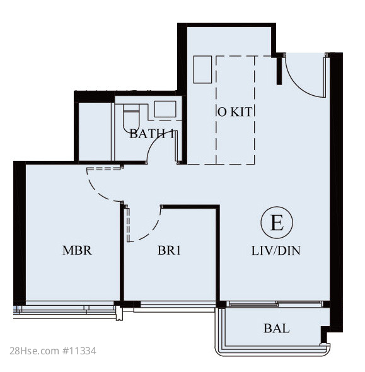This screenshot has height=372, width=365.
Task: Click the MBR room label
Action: pyautogui.click(x=77, y=250)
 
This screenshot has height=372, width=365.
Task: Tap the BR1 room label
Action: pyautogui.click(x=169, y=250)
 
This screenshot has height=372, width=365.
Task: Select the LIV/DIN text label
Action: pyautogui.click(x=276, y=251)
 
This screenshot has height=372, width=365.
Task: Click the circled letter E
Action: pyautogui.click(x=277, y=223)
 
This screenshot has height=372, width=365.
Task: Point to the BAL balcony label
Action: pyautogui.click(x=277, y=329)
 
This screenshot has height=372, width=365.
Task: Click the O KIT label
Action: pyautogui.click(x=235, y=112)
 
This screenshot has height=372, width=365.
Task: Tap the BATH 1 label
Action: pyautogui.click(x=152, y=134)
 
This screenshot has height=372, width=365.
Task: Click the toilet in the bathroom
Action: pyautogui.click(x=131, y=118)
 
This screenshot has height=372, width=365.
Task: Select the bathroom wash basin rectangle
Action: pyautogui.click(x=165, y=109)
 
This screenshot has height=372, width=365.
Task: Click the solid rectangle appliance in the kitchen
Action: pyautogui.click(x=202, y=69)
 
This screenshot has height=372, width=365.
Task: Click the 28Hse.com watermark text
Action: pyautogui.click(x=35, y=351)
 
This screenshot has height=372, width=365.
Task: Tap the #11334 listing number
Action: pyautogui.click(x=79, y=351)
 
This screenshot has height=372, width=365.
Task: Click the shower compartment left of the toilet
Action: pyautogui.click(x=95, y=131)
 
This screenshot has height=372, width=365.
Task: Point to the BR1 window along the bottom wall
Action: pyautogui.click(x=178, y=304)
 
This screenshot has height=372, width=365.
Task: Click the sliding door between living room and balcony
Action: pyautogui.click(x=276, y=304)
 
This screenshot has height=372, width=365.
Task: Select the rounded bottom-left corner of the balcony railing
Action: pyautogui.click(x=217, y=351)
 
